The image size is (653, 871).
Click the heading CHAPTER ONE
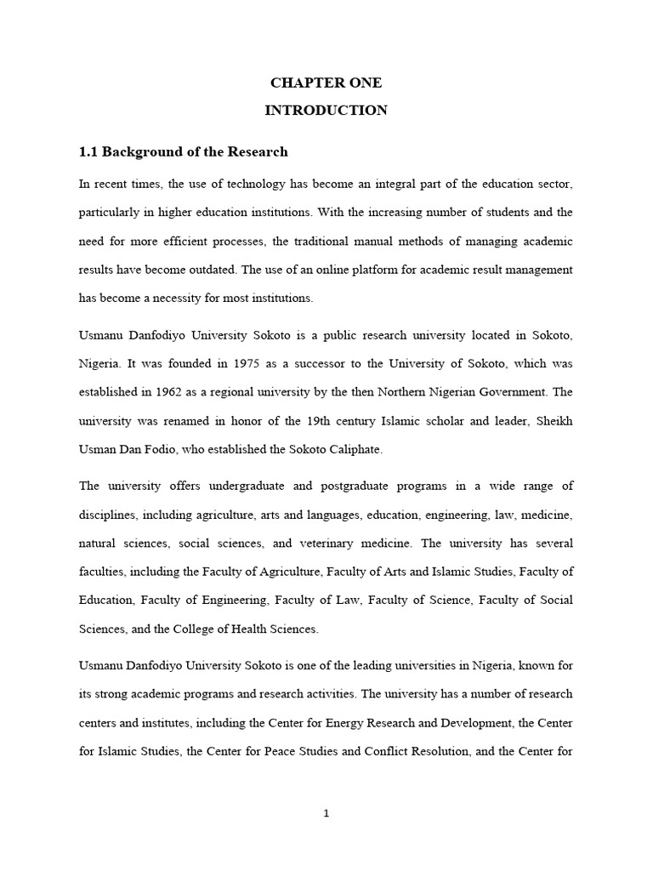(326, 83)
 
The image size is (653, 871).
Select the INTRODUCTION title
(326, 110)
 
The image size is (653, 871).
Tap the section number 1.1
(89, 152)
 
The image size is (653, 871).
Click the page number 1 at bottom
(326, 813)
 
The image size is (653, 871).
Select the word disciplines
(107, 515)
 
